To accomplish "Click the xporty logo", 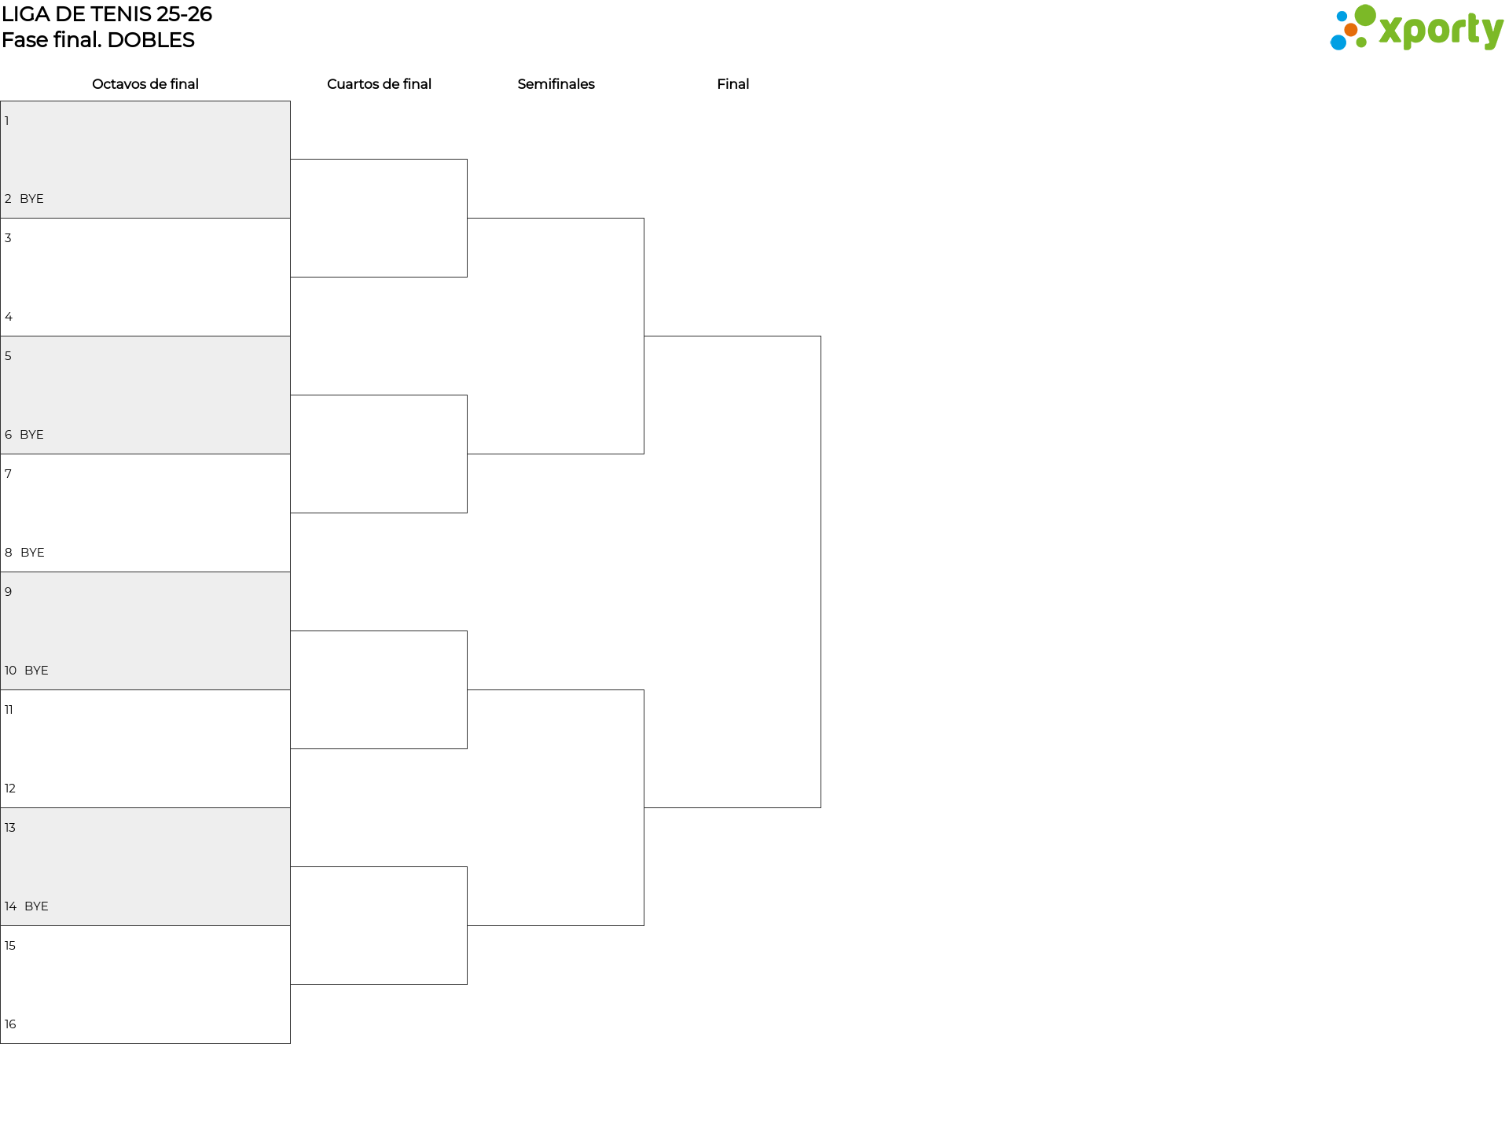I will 1416,28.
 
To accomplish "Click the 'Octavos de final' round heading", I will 145,84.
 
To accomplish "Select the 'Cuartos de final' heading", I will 379,84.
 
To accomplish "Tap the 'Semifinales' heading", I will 556,84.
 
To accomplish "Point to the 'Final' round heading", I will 732,84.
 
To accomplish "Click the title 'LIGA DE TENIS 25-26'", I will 107,14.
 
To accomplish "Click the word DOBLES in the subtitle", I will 151,40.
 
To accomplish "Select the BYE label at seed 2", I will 31,199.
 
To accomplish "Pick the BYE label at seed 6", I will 31,435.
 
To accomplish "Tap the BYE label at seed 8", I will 32,553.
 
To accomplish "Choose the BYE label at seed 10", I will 36,671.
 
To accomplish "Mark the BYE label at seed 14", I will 36,906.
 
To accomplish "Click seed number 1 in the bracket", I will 7,121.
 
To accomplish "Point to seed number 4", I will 9,317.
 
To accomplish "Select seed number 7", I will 9,474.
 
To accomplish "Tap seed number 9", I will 9,592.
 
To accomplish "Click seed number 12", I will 10,789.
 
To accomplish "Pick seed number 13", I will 10,828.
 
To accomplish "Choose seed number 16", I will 10,1024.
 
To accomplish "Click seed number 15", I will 10,946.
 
